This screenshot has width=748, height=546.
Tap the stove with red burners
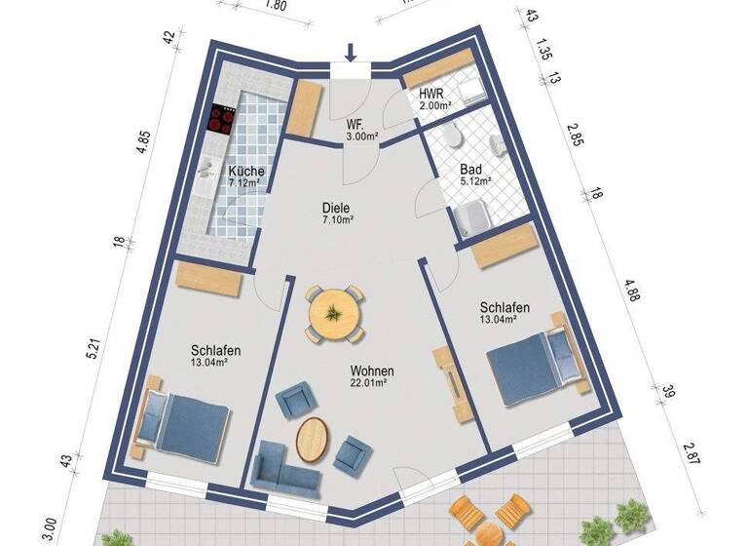pyautogui.click(x=222, y=120)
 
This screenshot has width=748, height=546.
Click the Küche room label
pyautogui.click(x=246, y=171)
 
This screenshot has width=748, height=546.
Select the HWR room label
pyautogui.click(x=431, y=95)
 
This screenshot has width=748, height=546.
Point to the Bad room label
pyautogui.click(x=472, y=169)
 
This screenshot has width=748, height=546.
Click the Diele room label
pyautogui.click(x=336, y=207)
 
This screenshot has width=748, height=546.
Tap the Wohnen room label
pyautogui.click(x=373, y=371)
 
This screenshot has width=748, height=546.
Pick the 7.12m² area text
pyautogui.click(x=246, y=182)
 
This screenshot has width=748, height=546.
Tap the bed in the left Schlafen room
pyautogui.click(x=185, y=425)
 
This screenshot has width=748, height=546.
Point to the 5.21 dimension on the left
pyautogui.click(x=93, y=348)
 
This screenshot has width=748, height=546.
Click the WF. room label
pyautogui.click(x=355, y=126)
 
